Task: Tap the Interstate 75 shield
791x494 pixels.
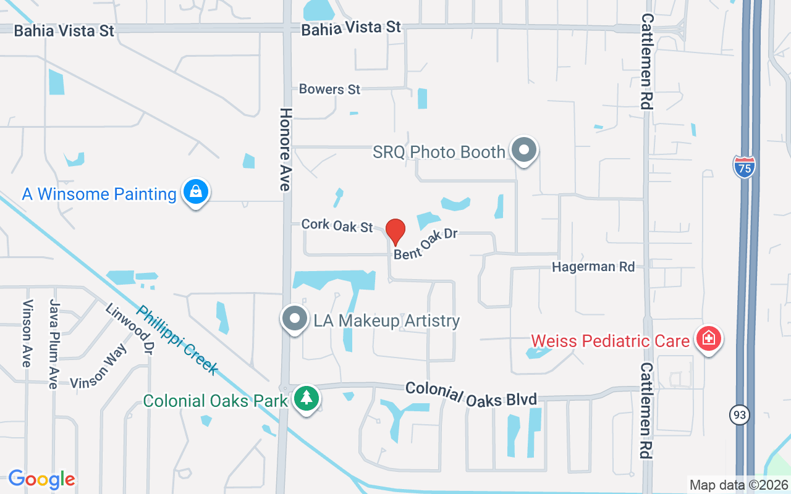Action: (x=744, y=166)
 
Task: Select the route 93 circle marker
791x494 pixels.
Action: (x=739, y=414)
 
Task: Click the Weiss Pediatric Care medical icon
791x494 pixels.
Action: (x=709, y=339)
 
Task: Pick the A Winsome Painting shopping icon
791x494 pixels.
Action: (x=196, y=192)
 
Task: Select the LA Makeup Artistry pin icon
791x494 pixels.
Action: (x=295, y=319)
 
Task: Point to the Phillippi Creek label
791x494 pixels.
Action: (x=177, y=340)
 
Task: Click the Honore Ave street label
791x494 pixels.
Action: (x=286, y=149)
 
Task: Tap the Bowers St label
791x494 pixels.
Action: (x=329, y=89)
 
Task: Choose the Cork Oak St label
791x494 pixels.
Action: (x=337, y=225)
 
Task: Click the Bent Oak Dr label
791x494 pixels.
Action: (x=425, y=244)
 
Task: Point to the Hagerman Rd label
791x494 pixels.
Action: (x=593, y=267)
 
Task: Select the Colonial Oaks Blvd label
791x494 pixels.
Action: (x=471, y=394)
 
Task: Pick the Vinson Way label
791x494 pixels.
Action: (x=98, y=367)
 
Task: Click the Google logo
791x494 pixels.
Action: (x=41, y=479)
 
